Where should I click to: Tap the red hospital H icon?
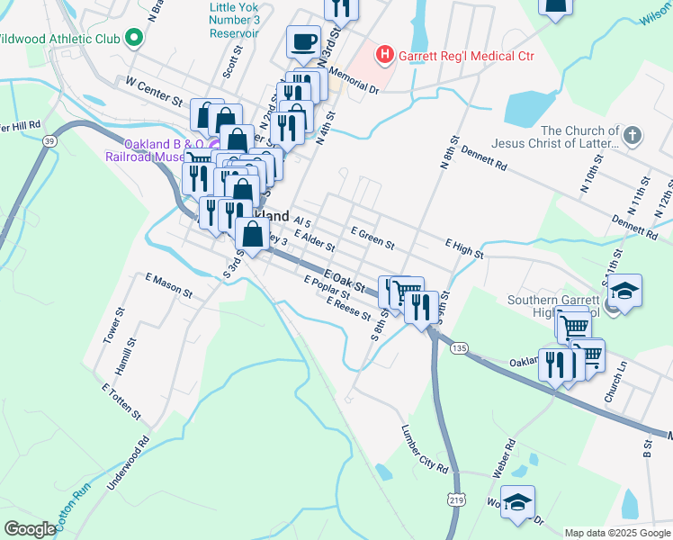(385, 56)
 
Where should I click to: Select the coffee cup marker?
(303, 41)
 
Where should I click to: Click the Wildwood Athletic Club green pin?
(134, 38)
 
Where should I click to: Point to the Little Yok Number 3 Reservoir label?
(234, 20)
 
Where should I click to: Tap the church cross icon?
(633, 136)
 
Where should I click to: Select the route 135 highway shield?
(460, 347)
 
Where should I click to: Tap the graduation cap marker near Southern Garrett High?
(624, 291)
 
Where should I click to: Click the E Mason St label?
(169, 286)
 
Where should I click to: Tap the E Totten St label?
(121, 401)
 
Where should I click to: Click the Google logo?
(29, 529)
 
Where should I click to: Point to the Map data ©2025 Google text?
(616, 533)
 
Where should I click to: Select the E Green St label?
(372, 238)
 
